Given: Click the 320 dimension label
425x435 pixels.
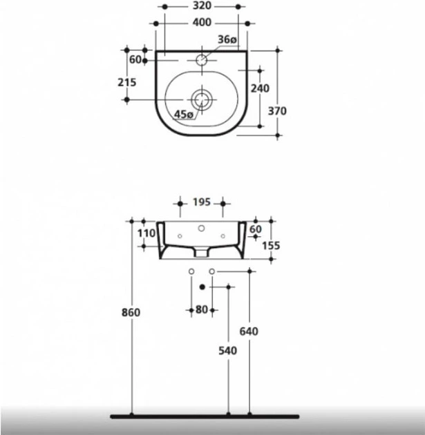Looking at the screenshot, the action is tap(202, 6).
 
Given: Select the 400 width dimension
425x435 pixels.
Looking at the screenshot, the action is tap(202, 23).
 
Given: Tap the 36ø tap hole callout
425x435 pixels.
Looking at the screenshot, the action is tap(227, 39).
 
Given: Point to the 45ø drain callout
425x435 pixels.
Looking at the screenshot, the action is tap(184, 115).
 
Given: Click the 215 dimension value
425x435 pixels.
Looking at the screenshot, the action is tap(127, 82).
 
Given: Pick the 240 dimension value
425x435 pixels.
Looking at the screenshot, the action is tap(260, 88).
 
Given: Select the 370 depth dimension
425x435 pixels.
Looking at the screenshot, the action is tap(277, 111).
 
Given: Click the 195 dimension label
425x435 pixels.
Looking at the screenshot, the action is tap(202, 202).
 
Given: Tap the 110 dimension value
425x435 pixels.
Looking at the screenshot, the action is tap(147, 233).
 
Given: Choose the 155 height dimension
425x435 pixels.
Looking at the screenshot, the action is tap(271, 246).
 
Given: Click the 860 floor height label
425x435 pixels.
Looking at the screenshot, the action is tap(131, 313).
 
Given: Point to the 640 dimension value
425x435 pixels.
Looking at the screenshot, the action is tap(249, 331).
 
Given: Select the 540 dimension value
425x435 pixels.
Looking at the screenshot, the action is tap(227, 351).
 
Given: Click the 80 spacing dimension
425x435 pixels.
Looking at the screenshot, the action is tap(202, 309).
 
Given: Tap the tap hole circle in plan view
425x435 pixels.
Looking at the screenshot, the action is tap(202, 59).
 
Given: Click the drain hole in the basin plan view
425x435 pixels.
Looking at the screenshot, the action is tap(202, 99).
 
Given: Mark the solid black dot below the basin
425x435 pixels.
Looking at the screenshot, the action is tap(202, 287).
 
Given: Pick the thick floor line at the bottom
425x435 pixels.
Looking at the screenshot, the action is tap(205, 416).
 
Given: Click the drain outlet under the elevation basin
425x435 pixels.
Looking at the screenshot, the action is tap(202, 252).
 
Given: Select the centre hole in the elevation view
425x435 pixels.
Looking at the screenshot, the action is tap(202, 229).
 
